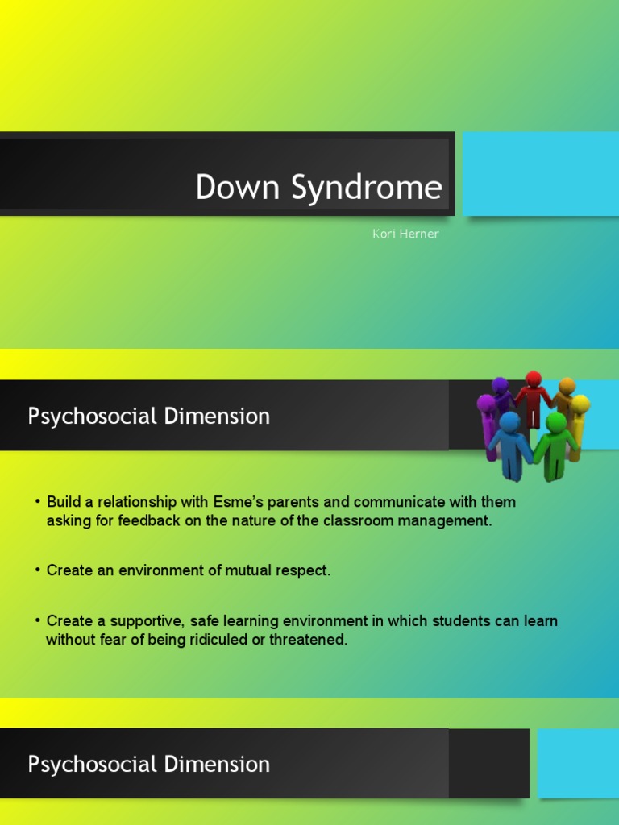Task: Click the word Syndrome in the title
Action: [x=367, y=188]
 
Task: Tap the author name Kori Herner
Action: [x=405, y=234]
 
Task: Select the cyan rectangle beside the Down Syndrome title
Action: [x=540, y=174]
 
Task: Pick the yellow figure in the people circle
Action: [x=578, y=423]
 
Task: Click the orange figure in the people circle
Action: [x=566, y=396]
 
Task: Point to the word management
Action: [x=447, y=520]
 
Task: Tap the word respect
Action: [x=302, y=570]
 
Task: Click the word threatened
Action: [x=309, y=640]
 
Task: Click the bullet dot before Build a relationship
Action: [x=37, y=502]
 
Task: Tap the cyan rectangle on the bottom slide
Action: [x=578, y=762]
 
